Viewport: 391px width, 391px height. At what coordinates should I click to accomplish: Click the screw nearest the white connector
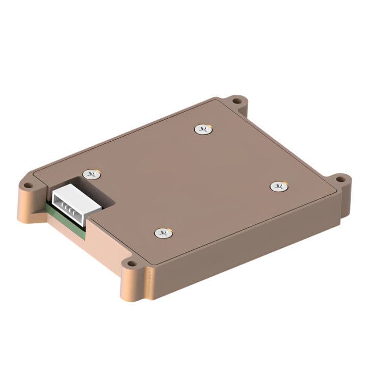coord(92,174)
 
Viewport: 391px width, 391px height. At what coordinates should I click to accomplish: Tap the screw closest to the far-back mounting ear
coord(203,129)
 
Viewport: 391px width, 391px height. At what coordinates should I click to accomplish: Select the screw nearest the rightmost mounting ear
coord(279,187)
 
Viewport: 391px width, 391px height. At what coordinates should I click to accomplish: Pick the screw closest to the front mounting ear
coord(163,233)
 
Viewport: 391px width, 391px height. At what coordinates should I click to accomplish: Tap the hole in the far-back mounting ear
coord(237,101)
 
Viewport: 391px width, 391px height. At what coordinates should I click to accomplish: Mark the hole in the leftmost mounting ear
coord(28,185)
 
